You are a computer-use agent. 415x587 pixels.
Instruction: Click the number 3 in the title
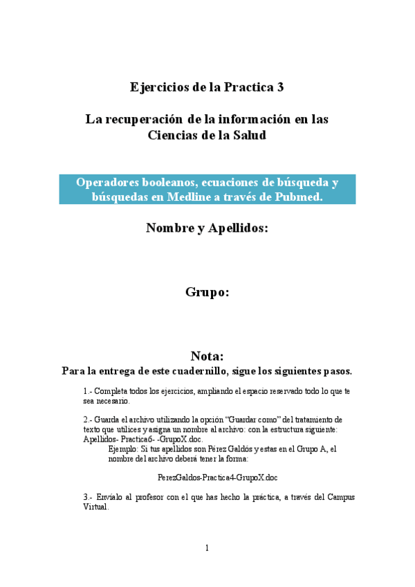coord(279,87)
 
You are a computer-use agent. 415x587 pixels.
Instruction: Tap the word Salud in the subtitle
coord(250,135)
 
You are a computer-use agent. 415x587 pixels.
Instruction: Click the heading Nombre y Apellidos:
coord(207,228)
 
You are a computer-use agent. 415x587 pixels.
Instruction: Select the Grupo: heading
coord(207,292)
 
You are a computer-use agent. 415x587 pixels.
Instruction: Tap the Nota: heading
coord(207,356)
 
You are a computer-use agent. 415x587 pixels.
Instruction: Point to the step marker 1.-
coord(88,391)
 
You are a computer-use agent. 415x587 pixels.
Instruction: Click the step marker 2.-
coord(88,419)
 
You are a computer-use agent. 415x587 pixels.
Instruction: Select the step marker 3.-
coord(88,497)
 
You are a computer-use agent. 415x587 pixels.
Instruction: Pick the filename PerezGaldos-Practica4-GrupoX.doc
coord(217,478)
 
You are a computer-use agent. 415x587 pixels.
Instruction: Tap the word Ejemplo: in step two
coord(124,449)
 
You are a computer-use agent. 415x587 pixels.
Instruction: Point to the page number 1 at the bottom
coord(207,548)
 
